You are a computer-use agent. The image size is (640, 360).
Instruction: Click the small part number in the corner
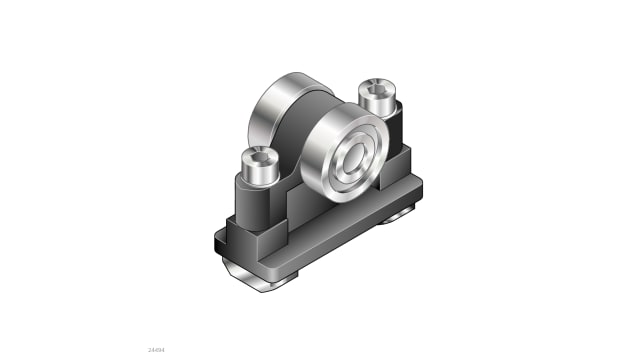155,350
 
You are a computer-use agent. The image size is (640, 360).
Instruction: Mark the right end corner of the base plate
428,188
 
